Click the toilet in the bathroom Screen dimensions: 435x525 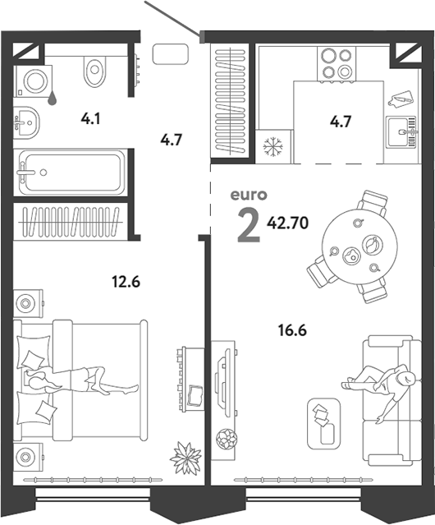(94, 70)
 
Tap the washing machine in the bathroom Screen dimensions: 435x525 (34, 81)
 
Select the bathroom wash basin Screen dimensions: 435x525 (26, 122)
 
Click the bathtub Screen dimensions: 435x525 (71, 172)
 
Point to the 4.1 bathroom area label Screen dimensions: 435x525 (90, 118)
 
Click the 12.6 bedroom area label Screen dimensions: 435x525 (126, 282)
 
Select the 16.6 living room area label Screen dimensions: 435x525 (292, 330)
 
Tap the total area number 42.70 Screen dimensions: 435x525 (287, 223)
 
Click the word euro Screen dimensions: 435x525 (249, 195)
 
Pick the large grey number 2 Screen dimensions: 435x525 (249, 225)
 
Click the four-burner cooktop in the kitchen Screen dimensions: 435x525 (337, 63)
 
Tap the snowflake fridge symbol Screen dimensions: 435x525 (272, 146)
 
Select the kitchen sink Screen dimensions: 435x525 (401, 132)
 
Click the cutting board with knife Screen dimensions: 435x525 (401, 99)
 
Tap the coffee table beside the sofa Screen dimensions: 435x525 (323, 424)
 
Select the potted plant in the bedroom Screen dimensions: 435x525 (185, 458)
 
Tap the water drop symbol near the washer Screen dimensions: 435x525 (52, 98)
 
